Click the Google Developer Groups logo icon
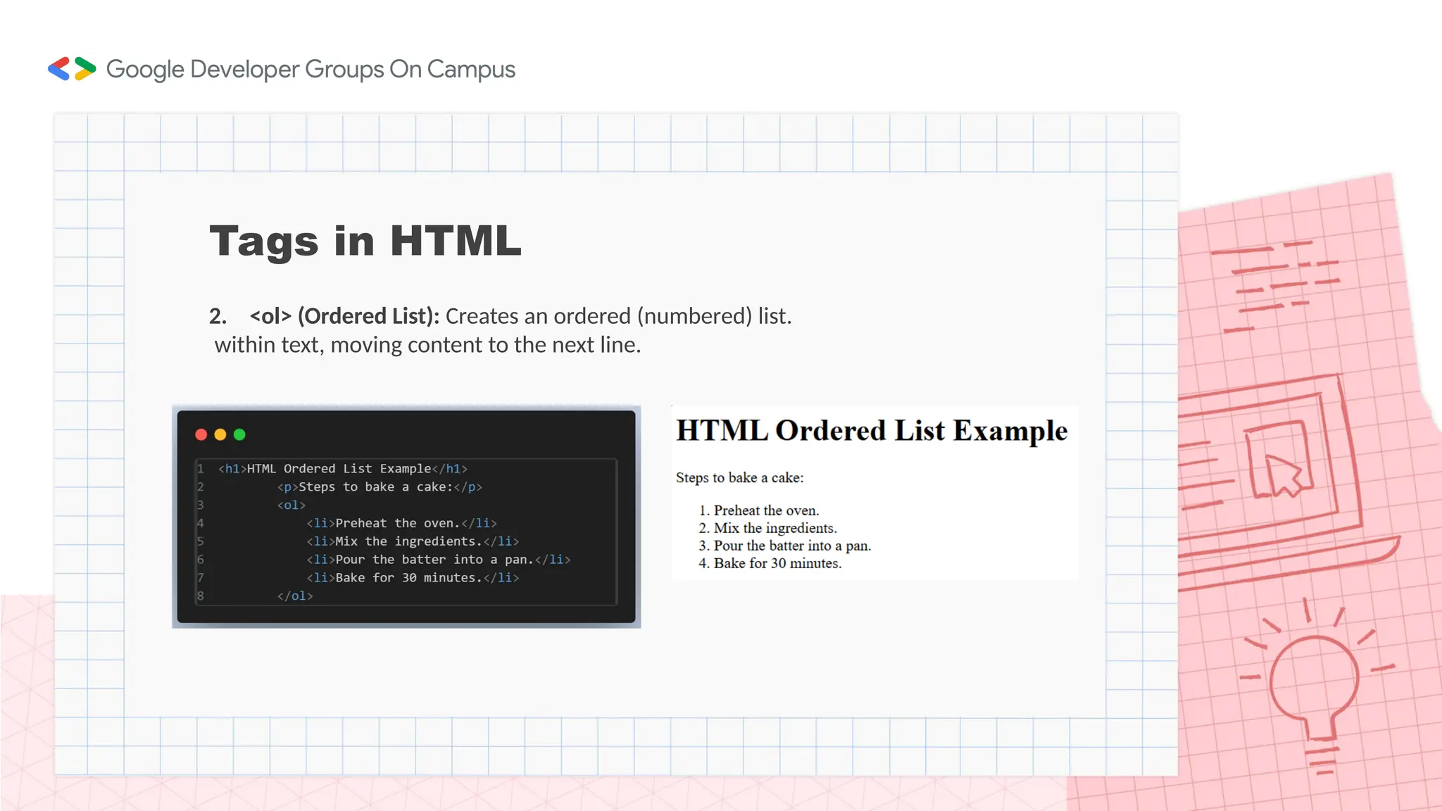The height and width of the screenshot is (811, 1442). point(72,69)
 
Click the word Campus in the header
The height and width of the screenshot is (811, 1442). point(471,70)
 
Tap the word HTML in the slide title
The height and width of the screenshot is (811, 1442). point(456,241)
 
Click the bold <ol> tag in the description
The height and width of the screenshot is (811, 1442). point(270,316)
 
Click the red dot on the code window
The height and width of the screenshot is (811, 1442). point(201,434)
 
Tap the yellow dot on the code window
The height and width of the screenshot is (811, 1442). point(220,434)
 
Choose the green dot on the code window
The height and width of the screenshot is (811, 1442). point(239,434)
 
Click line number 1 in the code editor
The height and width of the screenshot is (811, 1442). point(201,469)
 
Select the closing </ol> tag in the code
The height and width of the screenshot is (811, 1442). point(295,596)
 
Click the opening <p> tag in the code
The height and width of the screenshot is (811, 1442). point(287,487)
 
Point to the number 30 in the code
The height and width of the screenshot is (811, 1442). point(409,578)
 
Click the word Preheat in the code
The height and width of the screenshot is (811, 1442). point(361,523)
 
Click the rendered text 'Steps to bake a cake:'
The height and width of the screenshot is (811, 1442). point(739,478)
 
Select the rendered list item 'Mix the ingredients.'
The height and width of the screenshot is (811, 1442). point(775,528)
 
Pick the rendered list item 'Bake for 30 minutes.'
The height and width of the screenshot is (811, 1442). point(777,563)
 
